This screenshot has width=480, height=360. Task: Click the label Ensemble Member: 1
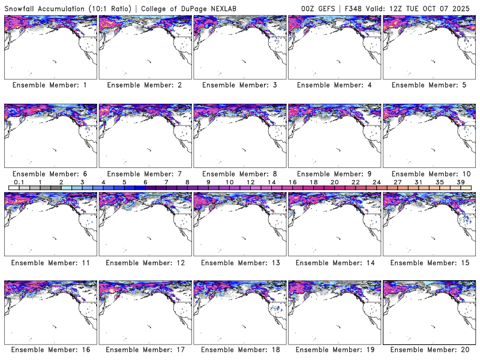tap(49, 85)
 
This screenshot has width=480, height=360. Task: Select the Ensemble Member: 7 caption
tap(144, 173)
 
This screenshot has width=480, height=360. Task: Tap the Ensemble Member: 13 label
tap(239, 262)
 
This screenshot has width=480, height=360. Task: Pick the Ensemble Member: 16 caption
tap(49, 349)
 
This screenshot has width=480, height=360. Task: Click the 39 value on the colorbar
tap(461, 182)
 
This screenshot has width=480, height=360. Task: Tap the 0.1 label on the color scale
tap(19, 182)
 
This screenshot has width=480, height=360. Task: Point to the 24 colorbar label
tap(376, 182)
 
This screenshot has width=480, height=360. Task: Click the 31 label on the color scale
tap(418, 182)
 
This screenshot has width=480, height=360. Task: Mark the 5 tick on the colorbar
tap(124, 182)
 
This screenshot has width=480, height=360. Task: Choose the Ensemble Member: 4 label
tap(334, 85)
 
